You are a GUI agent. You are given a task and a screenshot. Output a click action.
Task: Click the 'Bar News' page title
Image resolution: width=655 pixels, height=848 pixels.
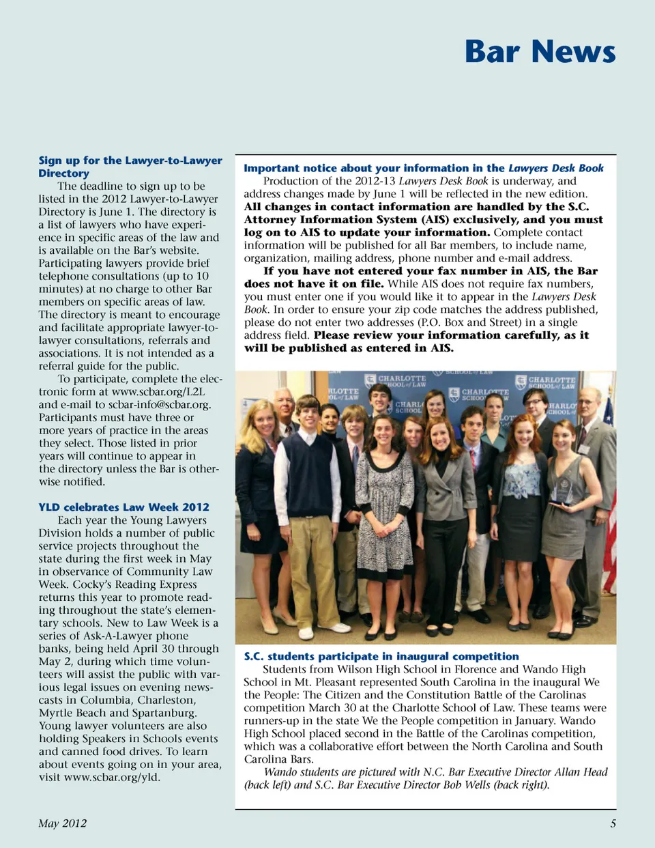(x=540, y=52)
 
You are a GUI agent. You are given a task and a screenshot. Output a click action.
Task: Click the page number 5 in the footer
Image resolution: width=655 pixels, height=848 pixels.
(x=613, y=823)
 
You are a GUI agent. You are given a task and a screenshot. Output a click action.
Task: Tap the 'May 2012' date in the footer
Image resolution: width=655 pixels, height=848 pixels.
(x=63, y=823)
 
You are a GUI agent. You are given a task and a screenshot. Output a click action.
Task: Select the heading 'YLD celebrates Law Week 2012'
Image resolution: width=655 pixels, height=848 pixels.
(x=123, y=507)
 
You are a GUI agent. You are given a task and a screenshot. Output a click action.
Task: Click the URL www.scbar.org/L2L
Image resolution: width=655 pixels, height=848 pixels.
(x=158, y=392)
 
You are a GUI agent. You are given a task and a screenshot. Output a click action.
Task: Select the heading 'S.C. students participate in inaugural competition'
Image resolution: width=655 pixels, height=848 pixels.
(x=381, y=657)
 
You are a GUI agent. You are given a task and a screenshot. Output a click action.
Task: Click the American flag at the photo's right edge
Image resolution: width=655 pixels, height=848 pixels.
(x=609, y=478)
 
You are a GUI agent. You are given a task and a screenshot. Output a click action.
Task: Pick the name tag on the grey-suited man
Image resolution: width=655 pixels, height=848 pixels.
(x=584, y=449)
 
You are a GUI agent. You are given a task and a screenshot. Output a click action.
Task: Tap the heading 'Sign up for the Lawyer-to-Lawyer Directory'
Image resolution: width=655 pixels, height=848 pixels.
(x=130, y=167)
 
